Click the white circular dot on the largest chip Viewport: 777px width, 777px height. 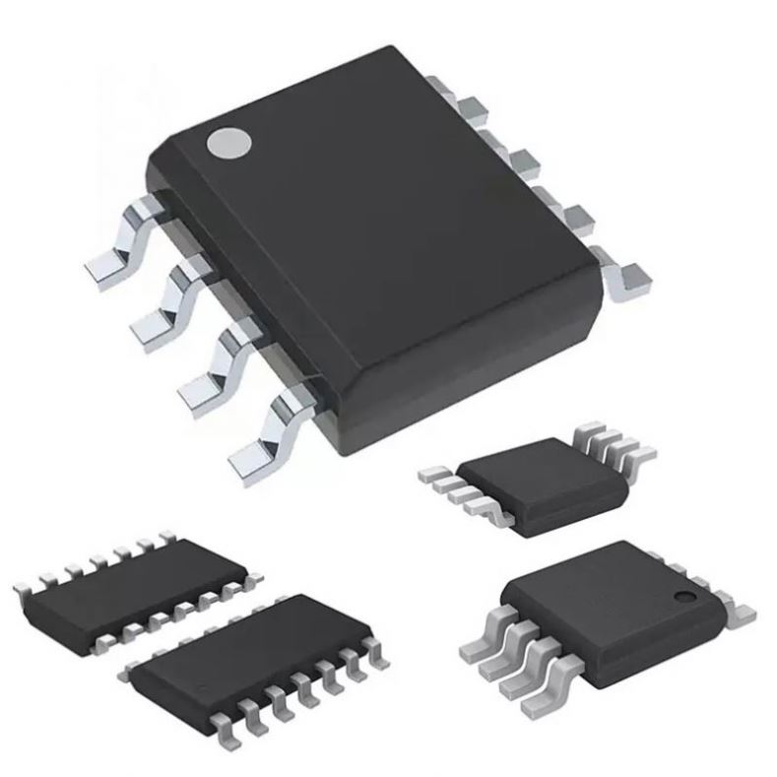pyautogui.click(x=228, y=144)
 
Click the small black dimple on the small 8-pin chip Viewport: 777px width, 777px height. pyautogui.click(x=681, y=598)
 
